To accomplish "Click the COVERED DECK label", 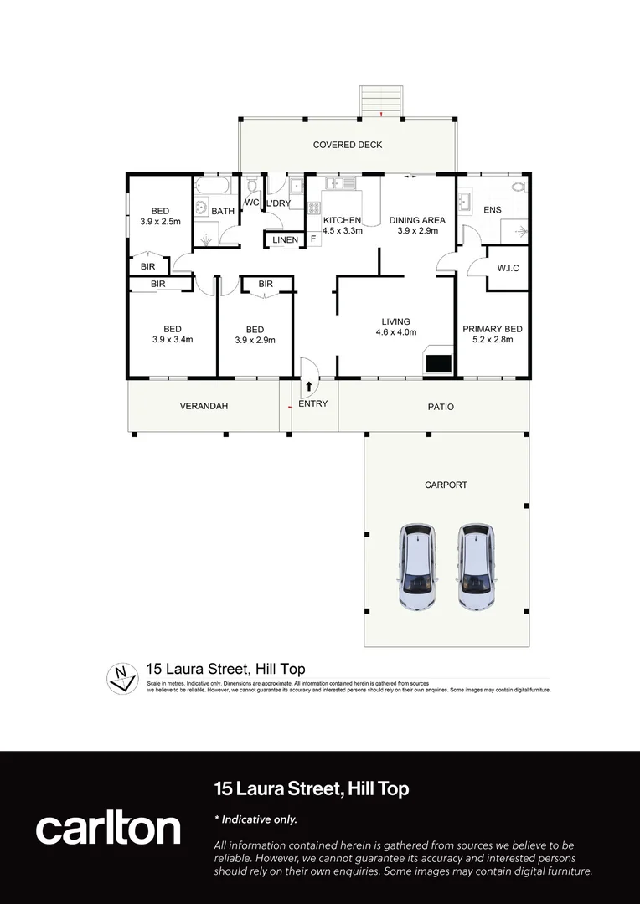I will click(348, 145).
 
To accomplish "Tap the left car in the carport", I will click(416, 567).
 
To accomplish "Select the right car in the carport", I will click(474, 567).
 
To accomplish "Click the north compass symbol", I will click(123, 676).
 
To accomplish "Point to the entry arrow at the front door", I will click(309, 387).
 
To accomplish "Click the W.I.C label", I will click(508, 269).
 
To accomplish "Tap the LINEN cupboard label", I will click(285, 240).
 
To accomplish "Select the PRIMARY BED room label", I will click(493, 329).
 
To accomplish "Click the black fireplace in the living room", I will click(439, 363).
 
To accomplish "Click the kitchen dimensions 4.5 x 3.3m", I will click(343, 231).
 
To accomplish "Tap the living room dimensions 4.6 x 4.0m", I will click(396, 332).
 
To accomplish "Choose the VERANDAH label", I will click(204, 407).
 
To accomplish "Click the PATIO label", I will click(441, 407).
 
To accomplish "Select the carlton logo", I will click(108, 828).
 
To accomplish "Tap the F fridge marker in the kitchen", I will click(313, 239).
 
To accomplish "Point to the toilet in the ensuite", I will click(517, 187).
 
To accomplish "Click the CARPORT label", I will click(446, 485).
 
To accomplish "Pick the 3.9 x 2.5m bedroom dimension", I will click(160, 222).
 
